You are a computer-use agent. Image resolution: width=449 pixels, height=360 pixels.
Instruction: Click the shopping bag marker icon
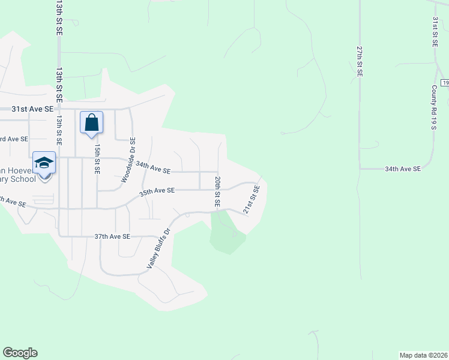91,123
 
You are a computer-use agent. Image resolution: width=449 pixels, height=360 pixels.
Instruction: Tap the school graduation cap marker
44,163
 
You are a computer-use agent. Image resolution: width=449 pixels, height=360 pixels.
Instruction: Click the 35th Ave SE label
157,190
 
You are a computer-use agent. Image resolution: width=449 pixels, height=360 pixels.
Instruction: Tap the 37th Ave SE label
112,236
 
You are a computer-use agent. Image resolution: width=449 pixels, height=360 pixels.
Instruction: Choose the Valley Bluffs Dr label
159,248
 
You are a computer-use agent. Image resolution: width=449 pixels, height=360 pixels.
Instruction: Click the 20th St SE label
217,192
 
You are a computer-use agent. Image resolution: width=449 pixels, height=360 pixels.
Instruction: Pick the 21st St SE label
251,200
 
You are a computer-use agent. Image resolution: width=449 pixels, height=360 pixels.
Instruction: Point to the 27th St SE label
359,60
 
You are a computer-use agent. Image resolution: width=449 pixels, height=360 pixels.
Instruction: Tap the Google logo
20,353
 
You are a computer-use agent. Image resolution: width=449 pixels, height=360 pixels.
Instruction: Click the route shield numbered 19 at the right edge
444,82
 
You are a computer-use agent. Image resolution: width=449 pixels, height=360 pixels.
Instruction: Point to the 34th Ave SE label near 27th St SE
403,169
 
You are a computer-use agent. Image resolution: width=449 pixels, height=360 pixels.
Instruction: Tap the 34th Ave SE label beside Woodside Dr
153,167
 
